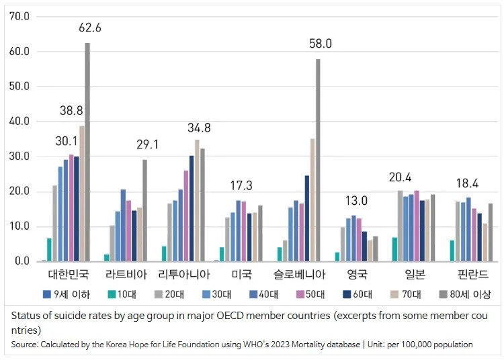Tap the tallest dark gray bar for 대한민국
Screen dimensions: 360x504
tap(87, 152)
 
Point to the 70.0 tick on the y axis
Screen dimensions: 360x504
tap(19, 16)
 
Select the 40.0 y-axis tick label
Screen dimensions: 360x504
tap(19, 121)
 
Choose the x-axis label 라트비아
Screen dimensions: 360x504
tap(125, 275)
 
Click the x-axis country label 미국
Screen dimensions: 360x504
tap(241, 275)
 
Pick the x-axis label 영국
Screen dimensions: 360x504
tap(357, 275)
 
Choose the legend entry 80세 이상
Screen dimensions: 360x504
tap(464, 294)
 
